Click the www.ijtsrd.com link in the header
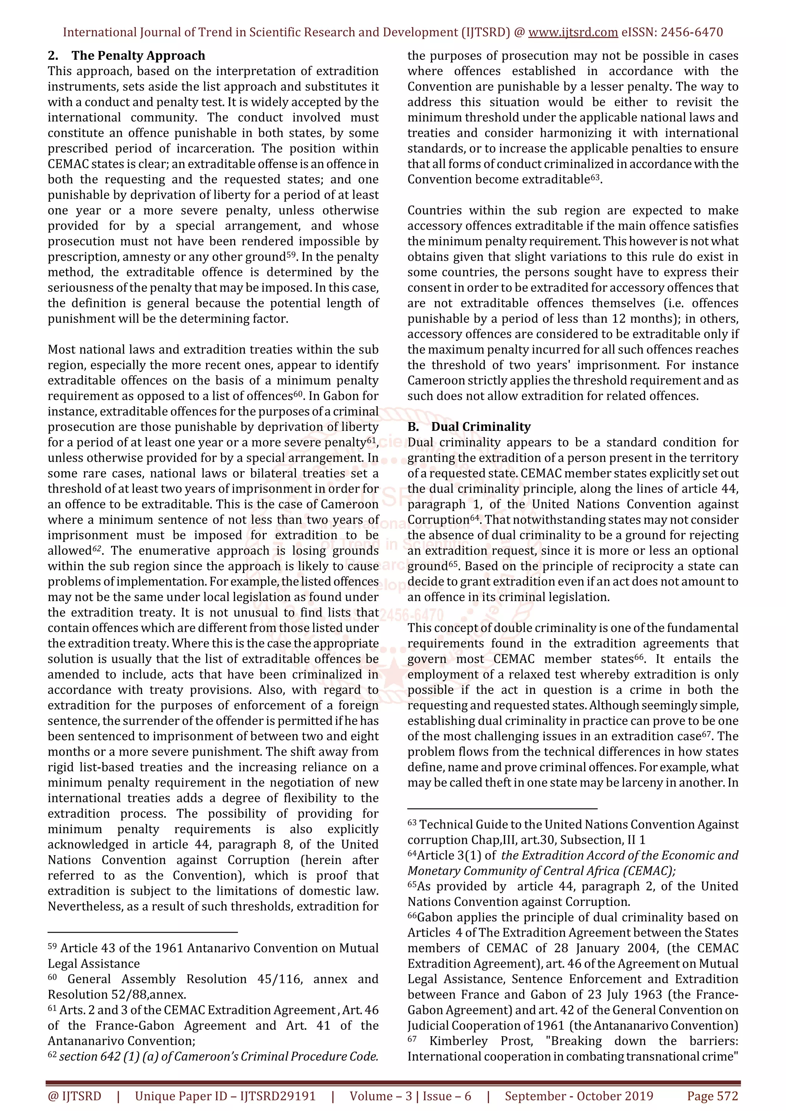573,33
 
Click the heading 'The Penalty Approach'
138,56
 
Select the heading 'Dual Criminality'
481,427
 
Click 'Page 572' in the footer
712,1096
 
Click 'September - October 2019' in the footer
579,1096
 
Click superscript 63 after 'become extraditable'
595,177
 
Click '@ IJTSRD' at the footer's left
74,1096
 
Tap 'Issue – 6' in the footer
446,1096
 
